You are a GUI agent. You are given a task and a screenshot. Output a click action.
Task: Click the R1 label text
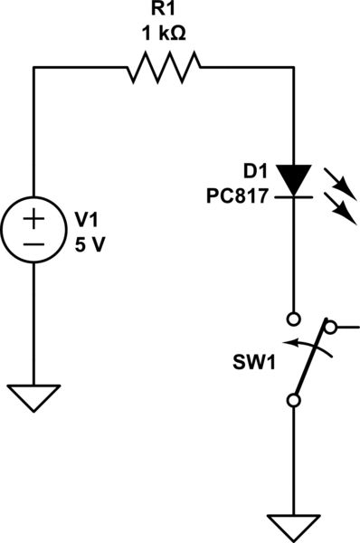[164, 13]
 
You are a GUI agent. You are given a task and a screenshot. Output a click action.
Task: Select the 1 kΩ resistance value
[164, 36]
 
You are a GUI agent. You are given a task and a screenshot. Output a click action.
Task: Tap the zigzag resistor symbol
[164, 67]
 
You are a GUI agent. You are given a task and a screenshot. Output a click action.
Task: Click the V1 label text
[86, 219]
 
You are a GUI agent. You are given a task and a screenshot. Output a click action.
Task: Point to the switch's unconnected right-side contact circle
[331, 327]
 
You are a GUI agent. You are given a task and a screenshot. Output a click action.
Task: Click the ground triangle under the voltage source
[33, 396]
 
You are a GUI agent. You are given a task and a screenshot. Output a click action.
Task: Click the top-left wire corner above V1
[33, 66]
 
